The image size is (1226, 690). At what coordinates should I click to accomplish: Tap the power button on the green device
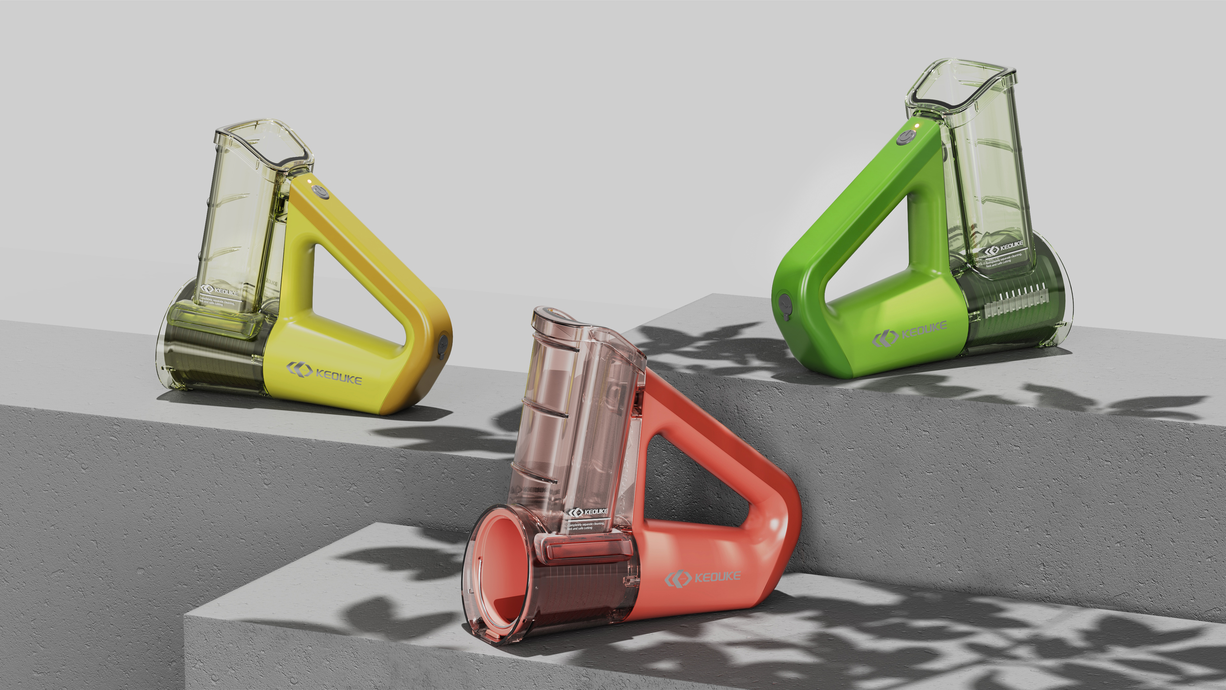(x=906, y=137)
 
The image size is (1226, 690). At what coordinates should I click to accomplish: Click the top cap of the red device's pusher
(x=552, y=314)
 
